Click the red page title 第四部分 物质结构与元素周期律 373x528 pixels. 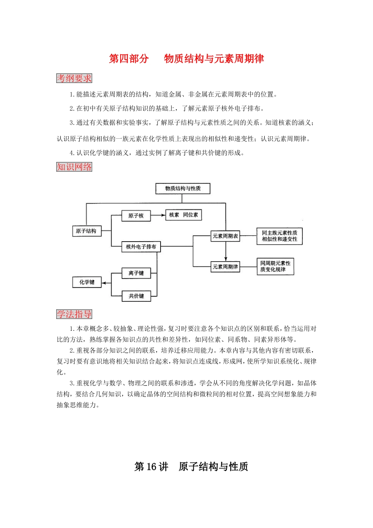tap(186, 59)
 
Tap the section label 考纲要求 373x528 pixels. tap(74, 78)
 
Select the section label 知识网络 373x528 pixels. tap(74, 167)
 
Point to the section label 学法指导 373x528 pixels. tap(74, 314)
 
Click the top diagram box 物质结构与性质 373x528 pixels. tap(183, 189)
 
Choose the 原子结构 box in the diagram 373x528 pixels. tap(86, 231)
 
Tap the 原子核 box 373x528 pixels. tap(136, 216)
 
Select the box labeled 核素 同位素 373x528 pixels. tap(184, 215)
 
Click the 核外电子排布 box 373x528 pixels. tap(141, 247)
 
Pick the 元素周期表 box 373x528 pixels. tap(225, 236)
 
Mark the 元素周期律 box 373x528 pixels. tap(225, 267)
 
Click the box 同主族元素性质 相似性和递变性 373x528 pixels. tap(280, 236)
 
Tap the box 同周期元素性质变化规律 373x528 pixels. tap(275, 266)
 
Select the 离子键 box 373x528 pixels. tap(136, 273)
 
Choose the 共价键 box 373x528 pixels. tap(136, 296)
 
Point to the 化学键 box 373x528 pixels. tap(87, 282)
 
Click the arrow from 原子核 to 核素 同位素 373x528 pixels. tap(158, 215)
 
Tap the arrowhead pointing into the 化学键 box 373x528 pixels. tap(104, 282)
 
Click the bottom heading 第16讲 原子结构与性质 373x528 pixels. tap(191, 467)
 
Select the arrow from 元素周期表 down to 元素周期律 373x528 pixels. tap(226, 251)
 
